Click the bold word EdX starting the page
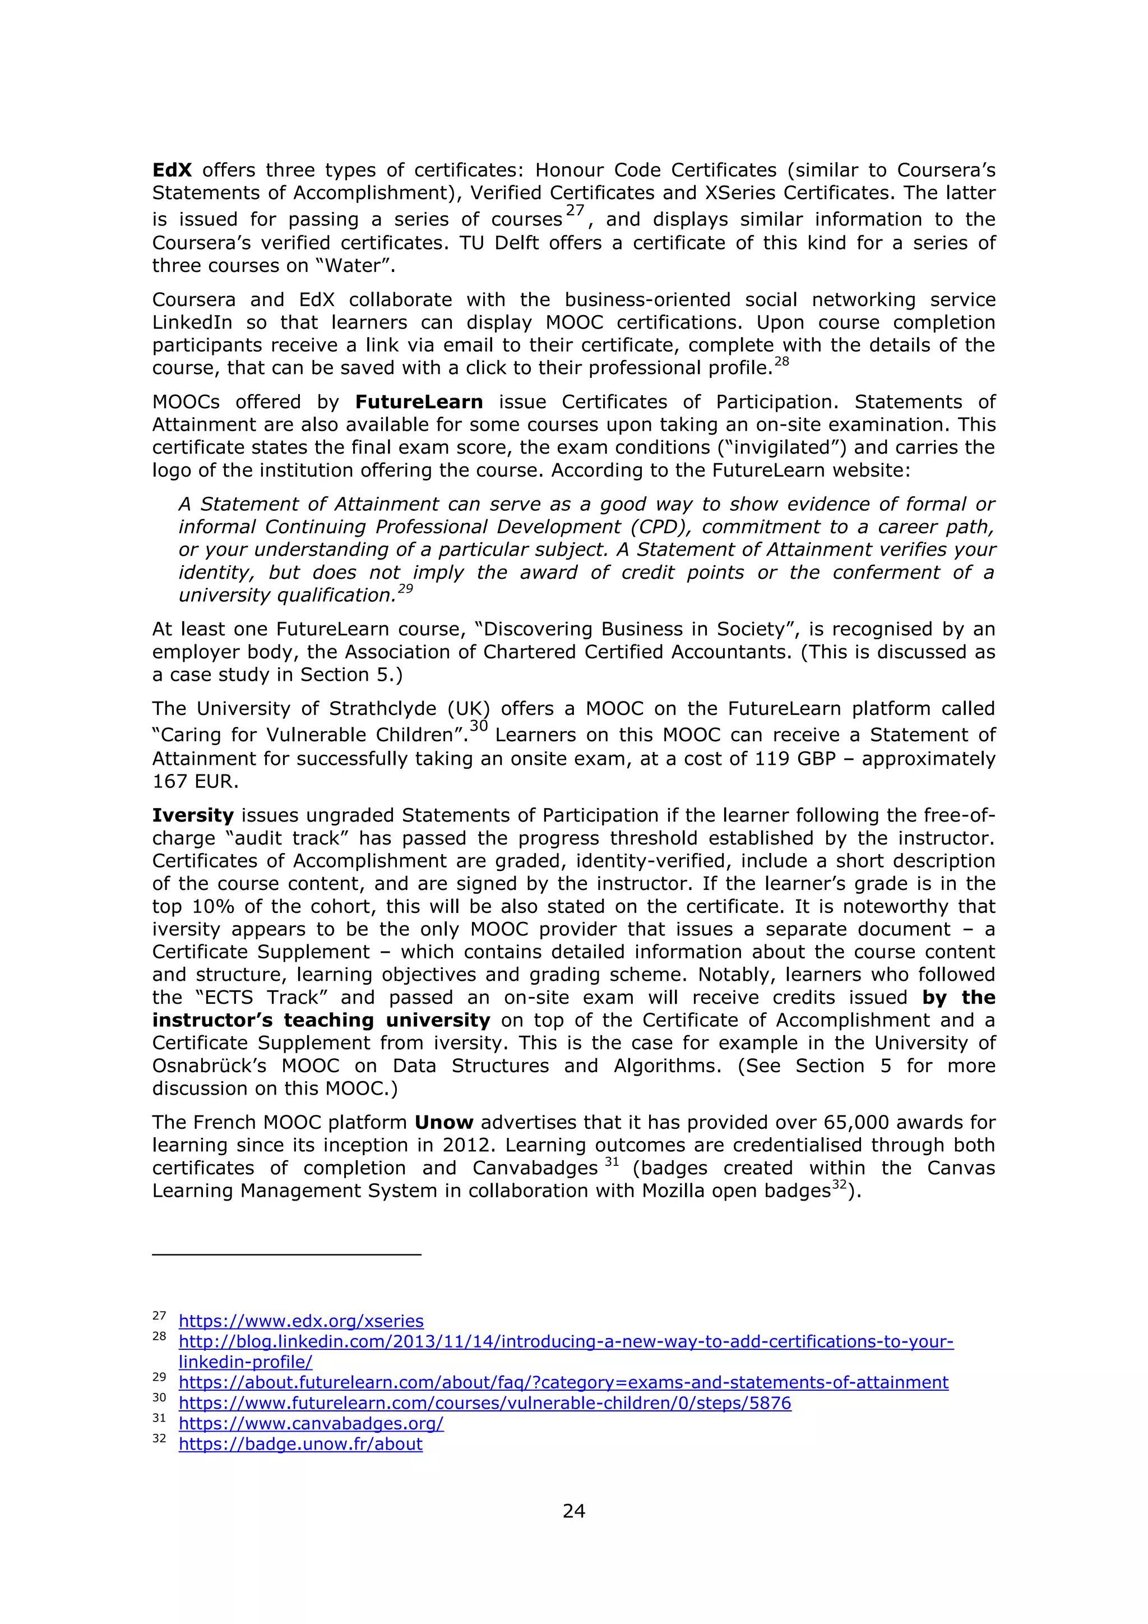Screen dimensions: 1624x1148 (172, 170)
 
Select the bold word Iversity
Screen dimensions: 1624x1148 (192, 815)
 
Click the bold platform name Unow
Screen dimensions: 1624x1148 (443, 1123)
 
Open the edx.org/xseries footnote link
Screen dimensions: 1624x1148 (300, 1321)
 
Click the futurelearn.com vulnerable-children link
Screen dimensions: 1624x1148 (484, 1402)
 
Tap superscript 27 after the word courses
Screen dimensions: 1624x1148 (575, 211)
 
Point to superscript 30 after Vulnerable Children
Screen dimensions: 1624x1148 (479, 726)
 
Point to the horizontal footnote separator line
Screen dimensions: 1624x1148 (286, 1254)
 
